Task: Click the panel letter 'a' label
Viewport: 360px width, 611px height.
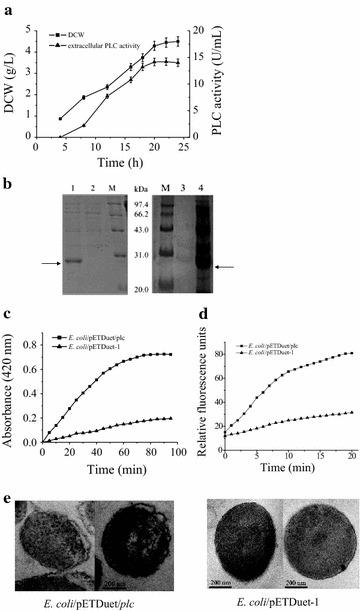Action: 6,7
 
